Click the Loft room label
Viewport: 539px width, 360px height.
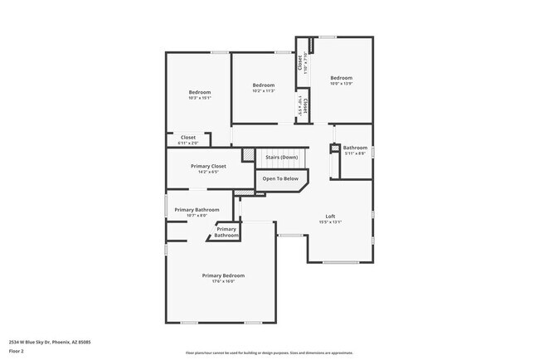(x=330, y=216)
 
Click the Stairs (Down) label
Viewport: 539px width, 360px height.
(x=281, y=157)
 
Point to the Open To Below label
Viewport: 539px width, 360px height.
(x=280, y=178)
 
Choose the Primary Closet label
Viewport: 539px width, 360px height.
(x=208, y=166)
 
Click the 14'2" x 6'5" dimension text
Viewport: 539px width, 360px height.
(x=208, y=173)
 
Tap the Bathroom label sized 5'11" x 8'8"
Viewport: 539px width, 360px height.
(x=355, y=147)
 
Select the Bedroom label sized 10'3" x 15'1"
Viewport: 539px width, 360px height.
(x=200, y=91)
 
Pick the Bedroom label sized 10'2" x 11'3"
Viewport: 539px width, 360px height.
(x=264, y=85)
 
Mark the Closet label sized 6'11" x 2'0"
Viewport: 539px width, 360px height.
(x=188, y=137)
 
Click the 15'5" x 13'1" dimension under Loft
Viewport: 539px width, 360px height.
(x=330, y=222)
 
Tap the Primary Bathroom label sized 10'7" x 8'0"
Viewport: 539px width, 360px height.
(x=197, y=210)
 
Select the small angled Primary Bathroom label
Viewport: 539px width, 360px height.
(x=226, y=232)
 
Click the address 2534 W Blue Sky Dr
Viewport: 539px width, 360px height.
(x=50, y=341)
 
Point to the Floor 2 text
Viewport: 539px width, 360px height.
(x=17, y=352)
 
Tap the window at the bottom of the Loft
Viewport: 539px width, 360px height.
(x=340, y=262)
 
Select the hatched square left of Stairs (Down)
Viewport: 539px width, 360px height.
(x=248, y=154)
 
